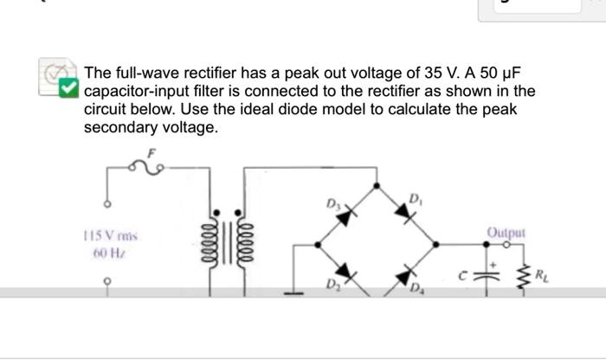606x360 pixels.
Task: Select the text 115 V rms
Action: pos(112,235)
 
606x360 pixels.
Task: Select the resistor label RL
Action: pos(541,277)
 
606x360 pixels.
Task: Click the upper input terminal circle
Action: pos(107,205)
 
